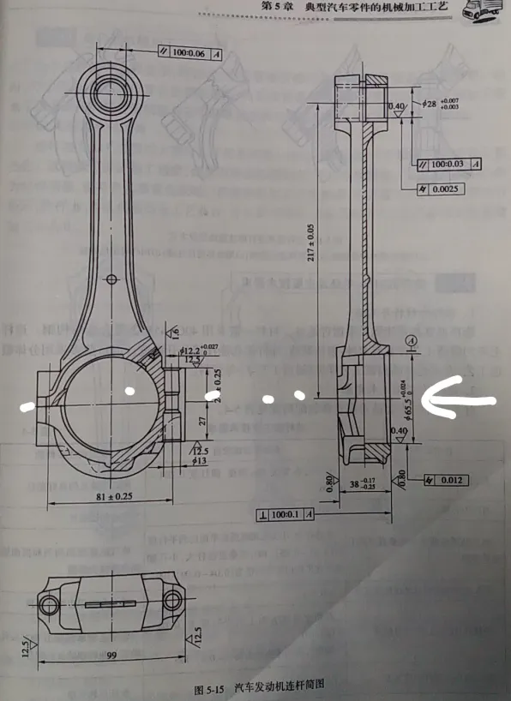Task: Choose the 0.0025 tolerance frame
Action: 440,189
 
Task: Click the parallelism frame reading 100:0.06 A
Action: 190,52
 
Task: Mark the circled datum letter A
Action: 412,340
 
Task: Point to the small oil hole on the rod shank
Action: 113,278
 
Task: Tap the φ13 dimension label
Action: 200,461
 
